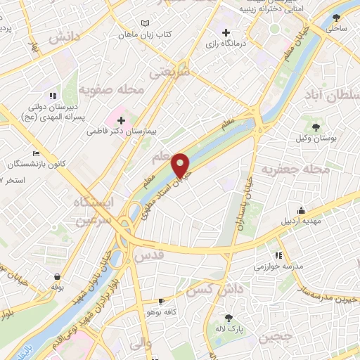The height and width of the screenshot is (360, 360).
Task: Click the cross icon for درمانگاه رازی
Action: pyautogui.click(x=226, y=32)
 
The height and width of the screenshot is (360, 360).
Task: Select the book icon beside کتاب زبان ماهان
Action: pyautogui.click(x=145, y=23)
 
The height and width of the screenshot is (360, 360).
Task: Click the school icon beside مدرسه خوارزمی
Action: pyautogui.click(x=278, y=255)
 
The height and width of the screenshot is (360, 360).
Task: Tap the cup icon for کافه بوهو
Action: pyautogui.click(x=162, y=300)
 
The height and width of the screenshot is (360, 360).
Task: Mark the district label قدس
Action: pyautogui.click(x=147, y=256)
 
